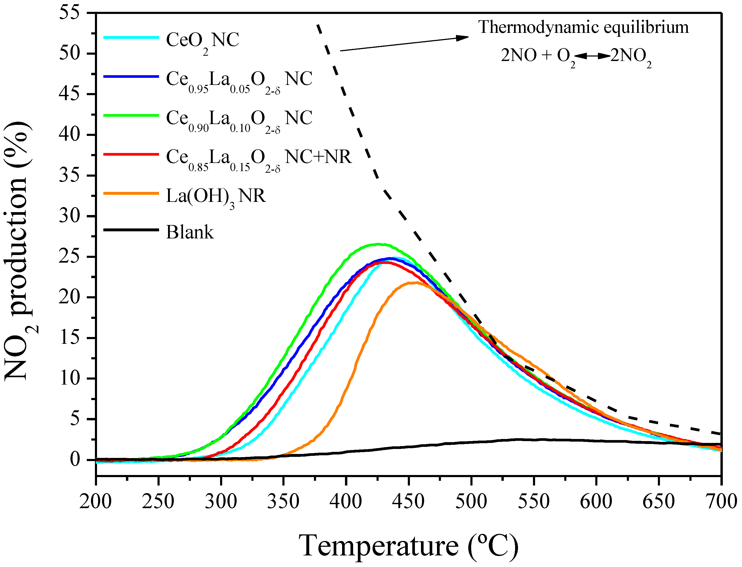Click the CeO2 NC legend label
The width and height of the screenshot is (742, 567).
[x=202, y=40]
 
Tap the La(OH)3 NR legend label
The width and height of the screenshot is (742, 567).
[x=216, y=196]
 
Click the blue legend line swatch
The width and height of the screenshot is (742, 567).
[x=131, y=76]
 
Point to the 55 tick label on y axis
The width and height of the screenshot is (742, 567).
[x=69, y=13]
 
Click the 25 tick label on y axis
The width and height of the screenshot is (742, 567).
[x=69, y=257]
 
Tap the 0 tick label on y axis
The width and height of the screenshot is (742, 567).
[x=75, y=460]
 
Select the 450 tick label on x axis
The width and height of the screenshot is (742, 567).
[x=409, y=502]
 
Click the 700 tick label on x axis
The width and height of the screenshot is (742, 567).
[x=721, y=502]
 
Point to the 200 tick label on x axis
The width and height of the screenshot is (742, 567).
[x=95, y=502]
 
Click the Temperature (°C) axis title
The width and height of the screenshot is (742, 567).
[x=409, y=546]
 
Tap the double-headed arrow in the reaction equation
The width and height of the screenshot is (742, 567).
[x=592, y=56]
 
